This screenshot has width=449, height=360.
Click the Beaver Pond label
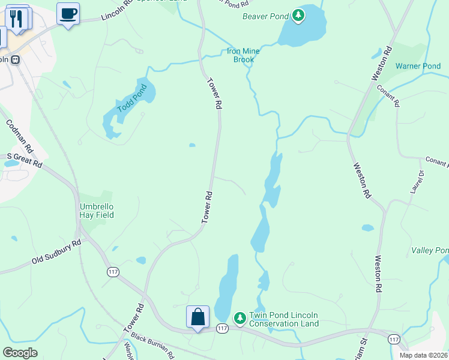[265, 16]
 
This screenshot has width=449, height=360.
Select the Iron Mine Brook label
[243, 55]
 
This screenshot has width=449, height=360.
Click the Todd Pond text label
[132, 99]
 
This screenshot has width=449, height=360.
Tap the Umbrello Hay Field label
[97, 211]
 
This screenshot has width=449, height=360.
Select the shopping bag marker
[197, 317]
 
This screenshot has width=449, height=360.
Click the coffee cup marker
[68, 13]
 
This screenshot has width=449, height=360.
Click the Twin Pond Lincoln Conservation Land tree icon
[240, 317]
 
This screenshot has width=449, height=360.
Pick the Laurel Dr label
[417, 182]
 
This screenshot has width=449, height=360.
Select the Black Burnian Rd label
[152, 344]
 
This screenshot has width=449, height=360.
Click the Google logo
[20, 353]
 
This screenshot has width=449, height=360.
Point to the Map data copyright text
[424, 355]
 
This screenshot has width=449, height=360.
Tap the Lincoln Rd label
[117, 10]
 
